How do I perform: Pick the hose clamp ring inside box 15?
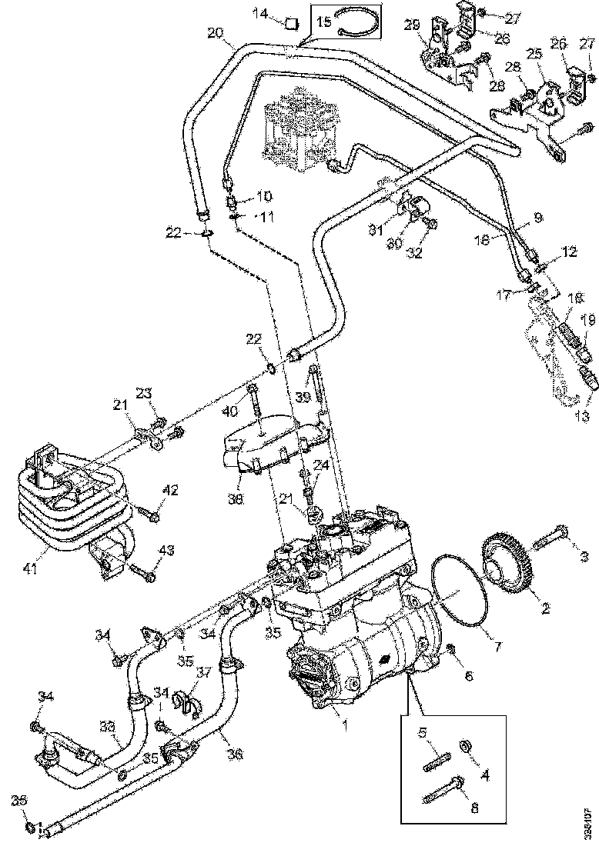[359, 25]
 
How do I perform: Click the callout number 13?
[582, 416]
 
